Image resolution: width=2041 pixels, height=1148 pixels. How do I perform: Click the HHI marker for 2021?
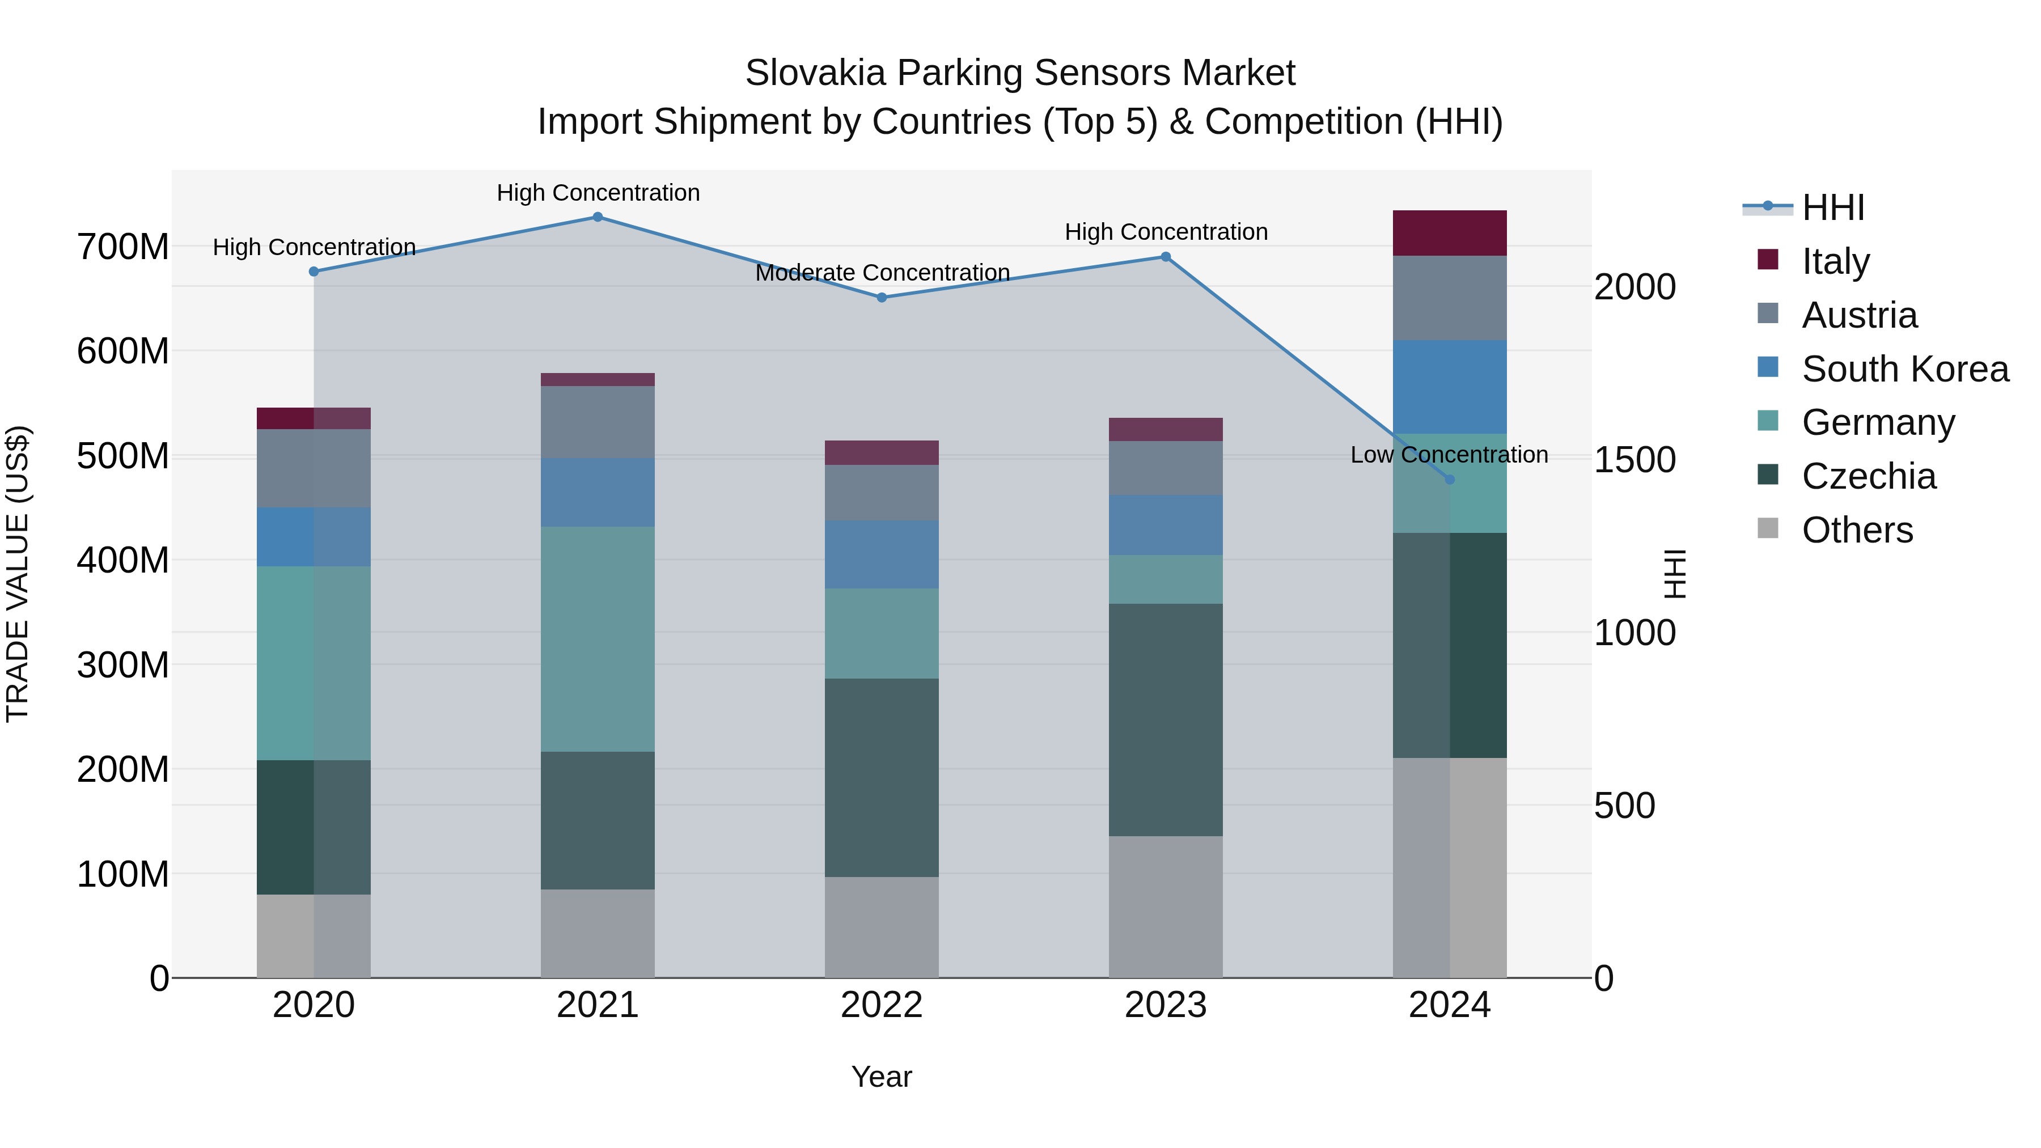598,217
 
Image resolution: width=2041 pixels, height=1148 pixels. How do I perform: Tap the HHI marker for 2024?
1449,479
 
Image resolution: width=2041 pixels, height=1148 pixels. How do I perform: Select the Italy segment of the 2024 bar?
1449,233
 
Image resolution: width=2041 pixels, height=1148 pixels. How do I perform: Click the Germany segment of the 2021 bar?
598,638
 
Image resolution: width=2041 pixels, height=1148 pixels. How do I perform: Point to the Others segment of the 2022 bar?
881,927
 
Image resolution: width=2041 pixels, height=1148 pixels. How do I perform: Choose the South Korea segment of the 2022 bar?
881,554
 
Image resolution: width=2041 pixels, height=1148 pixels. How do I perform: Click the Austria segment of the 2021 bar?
598,421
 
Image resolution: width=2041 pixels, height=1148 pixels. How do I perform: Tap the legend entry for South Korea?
1905,369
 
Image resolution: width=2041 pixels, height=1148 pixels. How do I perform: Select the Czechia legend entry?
1868,476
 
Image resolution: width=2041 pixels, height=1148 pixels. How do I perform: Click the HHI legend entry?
1832,207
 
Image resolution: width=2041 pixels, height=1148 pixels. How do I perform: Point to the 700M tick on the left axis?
123,247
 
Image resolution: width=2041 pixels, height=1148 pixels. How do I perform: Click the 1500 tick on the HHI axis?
1635,460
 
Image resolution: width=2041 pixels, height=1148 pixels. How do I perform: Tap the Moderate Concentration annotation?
882,273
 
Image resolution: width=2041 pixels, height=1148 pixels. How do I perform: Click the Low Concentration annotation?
1449,455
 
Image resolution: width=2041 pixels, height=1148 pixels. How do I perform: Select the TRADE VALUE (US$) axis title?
18,574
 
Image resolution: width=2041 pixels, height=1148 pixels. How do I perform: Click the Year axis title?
881,1077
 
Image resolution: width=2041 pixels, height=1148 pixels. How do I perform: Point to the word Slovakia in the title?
815,73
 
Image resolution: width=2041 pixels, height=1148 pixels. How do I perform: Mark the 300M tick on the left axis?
123,665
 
